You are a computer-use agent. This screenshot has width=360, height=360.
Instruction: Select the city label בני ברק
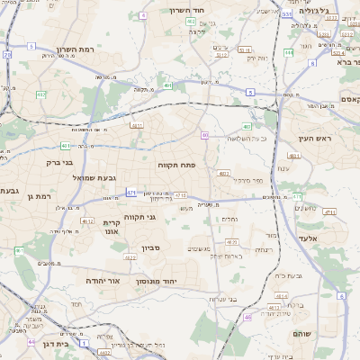pyautogui.click(x=65, y=162)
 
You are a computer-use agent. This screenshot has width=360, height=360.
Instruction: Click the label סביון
pyautogui.click(x=149, y=247)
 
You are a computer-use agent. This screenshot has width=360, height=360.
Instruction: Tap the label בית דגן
pyautogui.click(x=55, y=344)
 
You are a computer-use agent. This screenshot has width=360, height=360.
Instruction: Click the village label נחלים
pyautogui.click(x=230, y=218)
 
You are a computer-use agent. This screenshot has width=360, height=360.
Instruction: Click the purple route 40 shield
pyautogui.click(x=205, y=135)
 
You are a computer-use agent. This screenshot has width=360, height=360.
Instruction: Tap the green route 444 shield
pyautogui.click(x=288, y=52)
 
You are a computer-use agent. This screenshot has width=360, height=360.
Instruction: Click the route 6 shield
pyautogui.click(x=341, y=295)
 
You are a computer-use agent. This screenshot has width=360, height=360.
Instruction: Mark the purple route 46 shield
pyautogui.click(x=247, y=317)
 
